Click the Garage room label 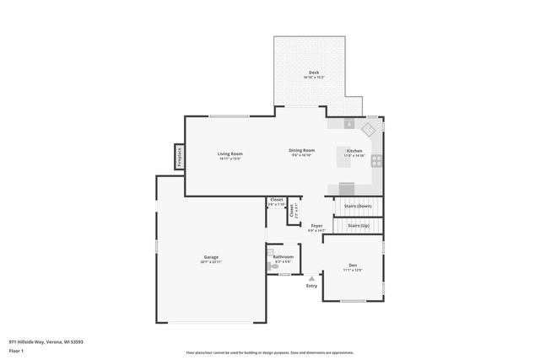(210, 257)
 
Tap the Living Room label (230, 153)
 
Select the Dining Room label (303, 150)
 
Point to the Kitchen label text (355, 151)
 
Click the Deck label (313, 73)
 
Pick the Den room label (352, 266)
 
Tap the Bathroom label (283, 256)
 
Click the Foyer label (316, 225)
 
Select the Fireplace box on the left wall (179, 156)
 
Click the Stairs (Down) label (358, 206)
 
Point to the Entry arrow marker (311, 277)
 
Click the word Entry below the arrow (311, 286)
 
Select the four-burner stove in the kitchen (376, 159)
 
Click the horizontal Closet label (276, 200)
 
